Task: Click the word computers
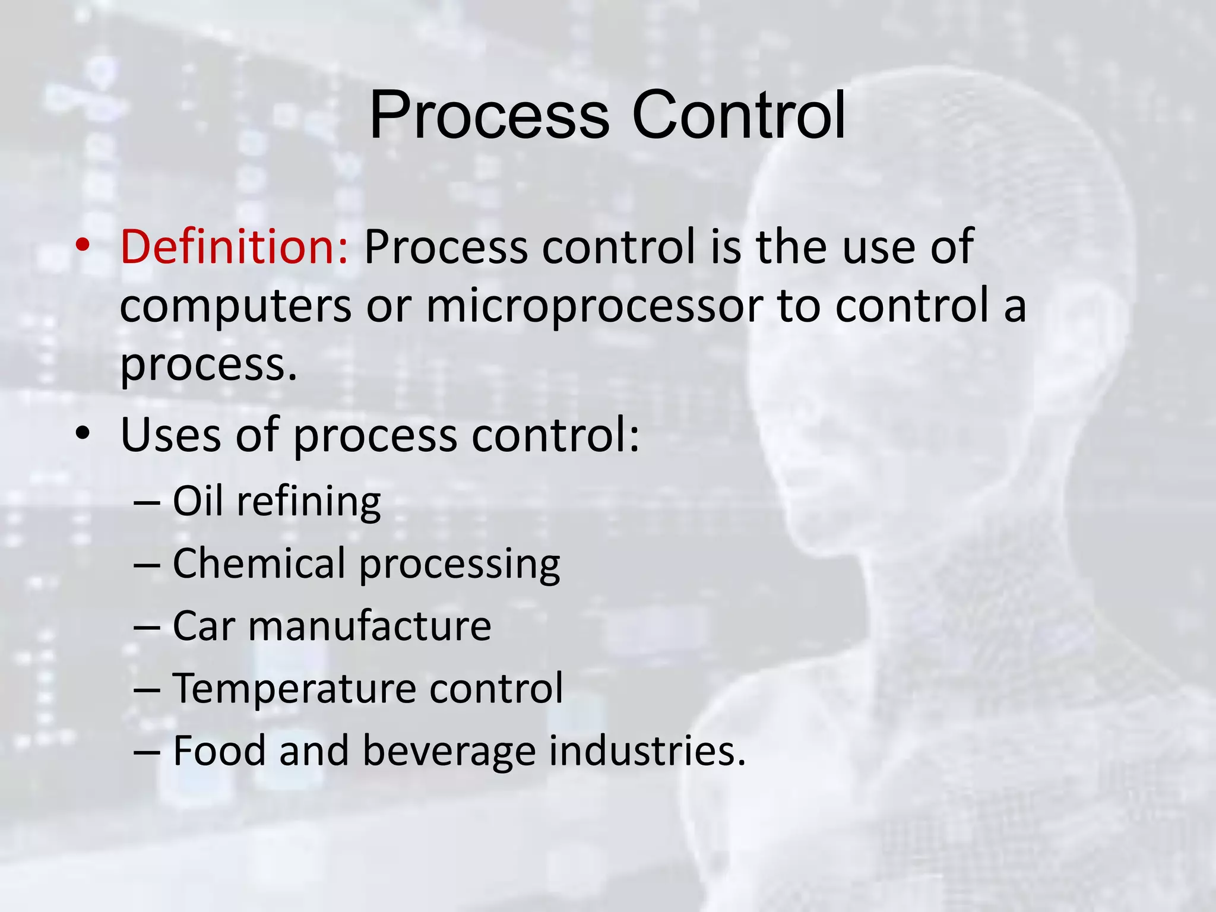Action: [236, 306]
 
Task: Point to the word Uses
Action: [170, 435]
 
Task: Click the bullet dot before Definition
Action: [83, 245]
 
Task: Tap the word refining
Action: [309, 502]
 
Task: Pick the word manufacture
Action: [369, 626]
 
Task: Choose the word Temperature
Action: [294, 689]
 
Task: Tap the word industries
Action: [646, 750]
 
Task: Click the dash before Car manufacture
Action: [147, 627]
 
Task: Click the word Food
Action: [219, 750]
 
